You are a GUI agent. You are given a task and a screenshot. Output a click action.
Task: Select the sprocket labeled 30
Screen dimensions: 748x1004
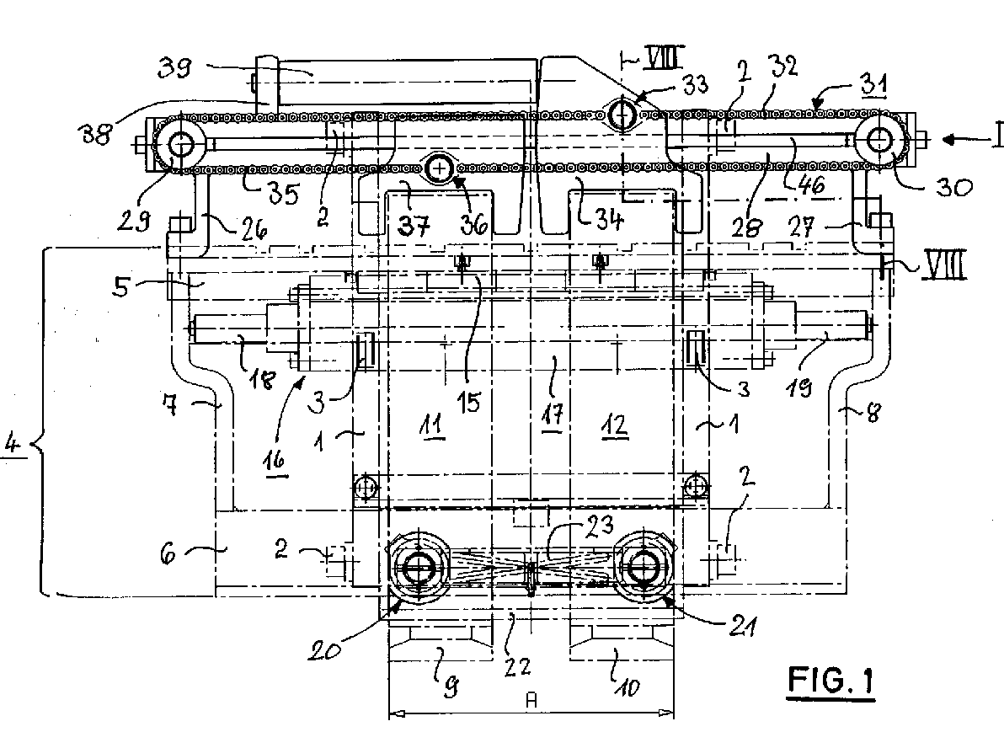point(882,138)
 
